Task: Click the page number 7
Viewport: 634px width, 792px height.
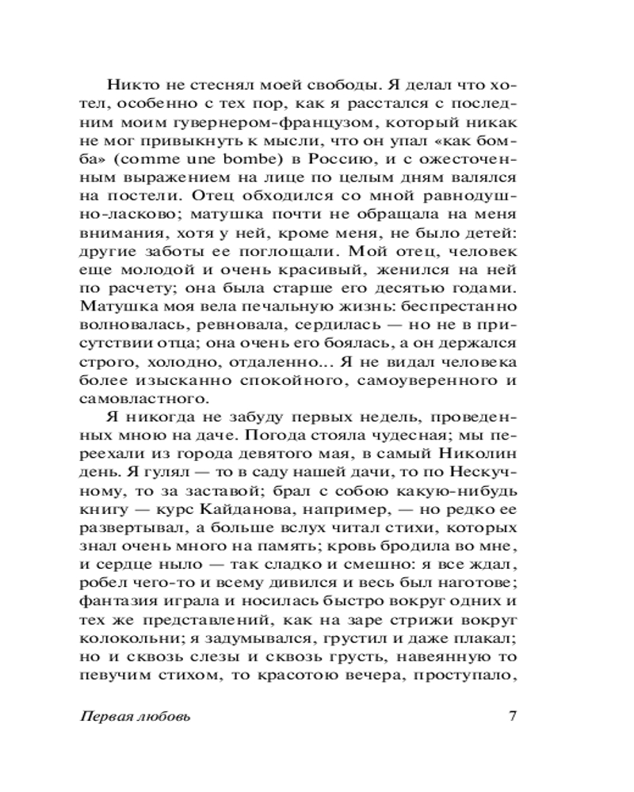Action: point(512,717)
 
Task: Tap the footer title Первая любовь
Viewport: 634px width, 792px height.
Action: point(136,718)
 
